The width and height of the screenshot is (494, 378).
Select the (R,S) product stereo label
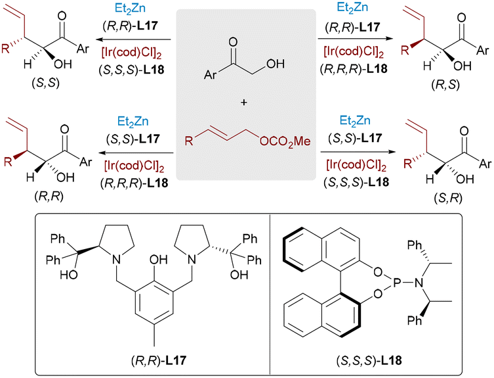click(445, 85)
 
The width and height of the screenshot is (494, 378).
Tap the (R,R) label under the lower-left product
click(49, 197)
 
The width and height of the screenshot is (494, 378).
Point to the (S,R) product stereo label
click(447, 198)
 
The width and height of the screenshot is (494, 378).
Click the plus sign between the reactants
click(243, 103)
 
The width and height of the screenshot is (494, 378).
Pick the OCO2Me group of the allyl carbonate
click(285, 141)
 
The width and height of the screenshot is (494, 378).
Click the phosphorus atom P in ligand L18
click(396, 283)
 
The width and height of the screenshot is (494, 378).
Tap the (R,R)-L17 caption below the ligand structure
click(159, 360)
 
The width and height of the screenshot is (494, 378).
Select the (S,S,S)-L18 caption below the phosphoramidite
click(369, 360)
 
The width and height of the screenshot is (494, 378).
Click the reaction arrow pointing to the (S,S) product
click(134, 40)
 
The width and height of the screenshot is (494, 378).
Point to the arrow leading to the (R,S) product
click(356, 39)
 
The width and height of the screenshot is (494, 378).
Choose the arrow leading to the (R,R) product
click(136, 153)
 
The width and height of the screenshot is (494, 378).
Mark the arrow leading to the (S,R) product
click(358, 152)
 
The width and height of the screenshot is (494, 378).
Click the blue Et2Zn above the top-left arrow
click(130, 9)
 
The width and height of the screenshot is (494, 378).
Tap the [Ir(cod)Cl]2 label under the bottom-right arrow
click(356, 165)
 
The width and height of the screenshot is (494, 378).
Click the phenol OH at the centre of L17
click(158, 260)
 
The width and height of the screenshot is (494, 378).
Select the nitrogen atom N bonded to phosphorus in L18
click(419, 283)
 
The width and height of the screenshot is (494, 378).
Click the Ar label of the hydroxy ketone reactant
click(211, 75)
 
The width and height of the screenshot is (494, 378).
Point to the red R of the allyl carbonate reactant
click(189, 140)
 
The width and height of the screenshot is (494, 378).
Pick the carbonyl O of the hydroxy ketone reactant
click(233, 41)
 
